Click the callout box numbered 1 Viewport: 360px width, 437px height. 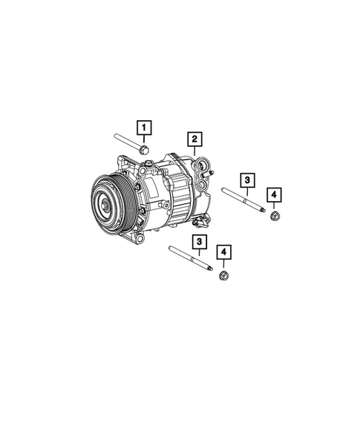[x=144, y=126]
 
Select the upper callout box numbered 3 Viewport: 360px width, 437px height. [x=246, y=180]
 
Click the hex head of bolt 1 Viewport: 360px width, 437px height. [x=145, y=151]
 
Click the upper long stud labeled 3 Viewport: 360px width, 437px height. [x=242, y=202]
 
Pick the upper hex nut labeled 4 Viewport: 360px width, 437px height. [x=273, y=217]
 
